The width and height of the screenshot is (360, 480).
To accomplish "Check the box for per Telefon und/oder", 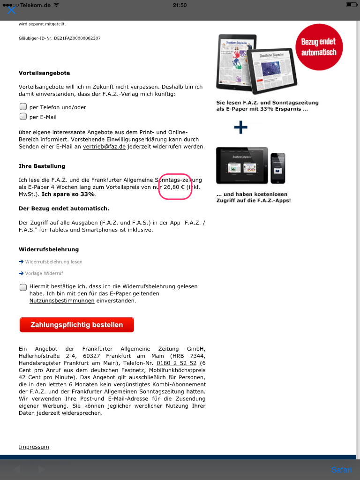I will (x=23, y=107).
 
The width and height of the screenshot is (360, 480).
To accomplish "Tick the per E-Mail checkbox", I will (x=23, y=117).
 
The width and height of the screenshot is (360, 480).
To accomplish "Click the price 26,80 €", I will (x=174, y=187).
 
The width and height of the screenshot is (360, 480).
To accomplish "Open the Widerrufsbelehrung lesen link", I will (x=53, y=262).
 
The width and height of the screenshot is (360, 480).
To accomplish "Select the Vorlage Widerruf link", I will (x=44, y=273).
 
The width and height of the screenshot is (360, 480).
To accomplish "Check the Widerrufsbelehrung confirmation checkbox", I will (x=23, y=287).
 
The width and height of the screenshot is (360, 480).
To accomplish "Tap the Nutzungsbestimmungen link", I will (x=62, y=301).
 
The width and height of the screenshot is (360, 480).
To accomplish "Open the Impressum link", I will (x=34, y=447).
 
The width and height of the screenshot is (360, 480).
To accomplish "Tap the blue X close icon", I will (x=12, y=10).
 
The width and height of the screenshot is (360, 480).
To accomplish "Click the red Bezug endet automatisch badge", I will (x=319, y=47).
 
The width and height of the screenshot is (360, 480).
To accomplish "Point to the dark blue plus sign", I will (x=240, y=127).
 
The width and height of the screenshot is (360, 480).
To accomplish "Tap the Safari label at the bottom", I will (x=341, y=470).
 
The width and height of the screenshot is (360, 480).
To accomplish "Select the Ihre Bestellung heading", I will (x=42, y=166).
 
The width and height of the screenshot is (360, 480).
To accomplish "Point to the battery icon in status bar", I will (x=351, y=5).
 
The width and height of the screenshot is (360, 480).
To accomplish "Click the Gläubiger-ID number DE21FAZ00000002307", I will (x=77, y=38).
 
